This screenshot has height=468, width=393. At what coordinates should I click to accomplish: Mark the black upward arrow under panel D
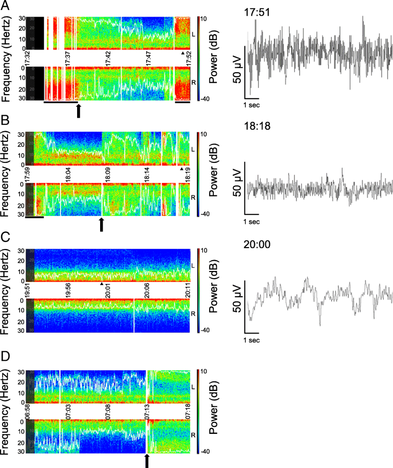(x=147, y=461)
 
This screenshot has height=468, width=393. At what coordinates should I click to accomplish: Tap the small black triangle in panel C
(x=102, y=284)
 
